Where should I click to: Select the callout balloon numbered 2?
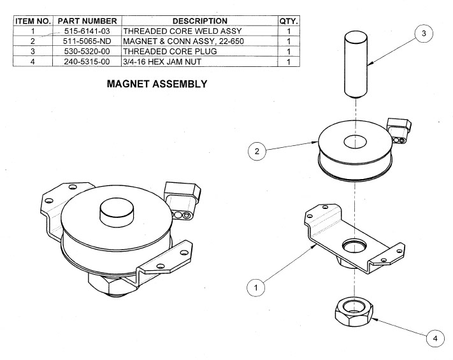256,152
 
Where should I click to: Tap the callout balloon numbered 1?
256,287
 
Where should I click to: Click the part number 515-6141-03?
88,31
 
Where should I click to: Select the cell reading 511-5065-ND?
88,41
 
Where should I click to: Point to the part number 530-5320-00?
88,51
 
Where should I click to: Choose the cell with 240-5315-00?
88,62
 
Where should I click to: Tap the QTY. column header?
289,20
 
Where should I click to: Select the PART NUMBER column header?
88,20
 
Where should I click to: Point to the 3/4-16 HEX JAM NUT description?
160,62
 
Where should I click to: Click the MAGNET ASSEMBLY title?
157,83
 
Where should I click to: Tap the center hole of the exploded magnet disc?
352,141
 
